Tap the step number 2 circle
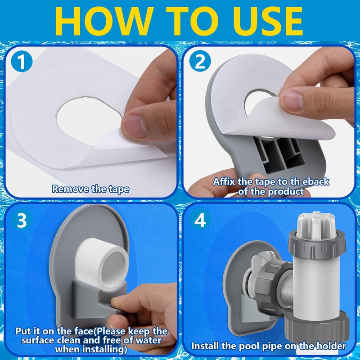[x=200, y=62]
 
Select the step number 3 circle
[x=21, y=220]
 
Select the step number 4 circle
[x=200, y=221]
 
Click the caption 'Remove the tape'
[x=91, y=189]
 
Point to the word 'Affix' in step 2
[x=224, y=182]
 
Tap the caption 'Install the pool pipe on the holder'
[x=269, y=346]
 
